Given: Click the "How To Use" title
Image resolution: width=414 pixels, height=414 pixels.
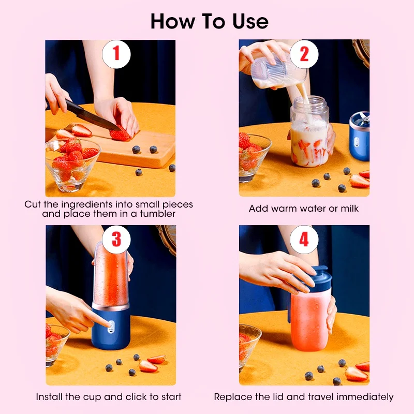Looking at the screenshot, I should tap(210, 21).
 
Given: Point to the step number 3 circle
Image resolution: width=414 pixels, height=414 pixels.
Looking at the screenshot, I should tap(116, 239).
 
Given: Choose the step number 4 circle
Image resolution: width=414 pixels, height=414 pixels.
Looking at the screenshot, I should tap(304, 239).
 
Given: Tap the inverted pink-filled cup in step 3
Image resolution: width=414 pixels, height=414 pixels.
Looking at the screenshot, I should tap(110, 274).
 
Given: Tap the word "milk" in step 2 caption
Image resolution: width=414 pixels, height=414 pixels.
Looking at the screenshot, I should tap(348, 209).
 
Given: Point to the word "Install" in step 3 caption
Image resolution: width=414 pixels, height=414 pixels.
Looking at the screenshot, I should tap(49, 397).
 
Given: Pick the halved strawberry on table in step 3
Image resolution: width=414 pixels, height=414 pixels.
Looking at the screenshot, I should tap(149, 366).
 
